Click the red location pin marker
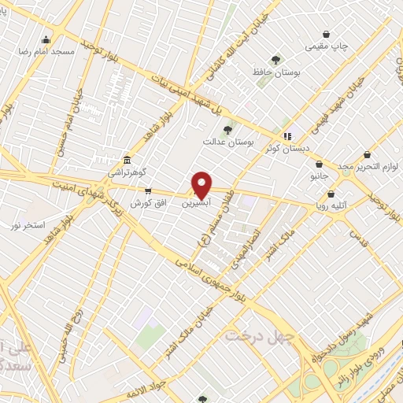click(202, 184)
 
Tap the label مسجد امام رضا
click(52, 51)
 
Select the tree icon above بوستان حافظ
click(275, 60)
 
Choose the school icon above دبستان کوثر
click(287, 135)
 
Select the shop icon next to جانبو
click(319, 165)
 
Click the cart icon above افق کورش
click(147, 191)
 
